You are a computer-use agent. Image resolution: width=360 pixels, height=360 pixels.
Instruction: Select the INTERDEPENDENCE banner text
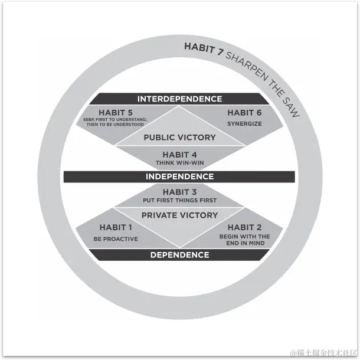click(179, 99)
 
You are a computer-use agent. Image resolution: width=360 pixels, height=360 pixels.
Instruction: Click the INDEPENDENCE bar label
click(179, 176)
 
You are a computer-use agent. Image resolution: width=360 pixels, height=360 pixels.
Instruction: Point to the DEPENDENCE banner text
click(179, 255)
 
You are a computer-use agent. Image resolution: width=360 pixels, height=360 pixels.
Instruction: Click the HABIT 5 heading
click(117, 112)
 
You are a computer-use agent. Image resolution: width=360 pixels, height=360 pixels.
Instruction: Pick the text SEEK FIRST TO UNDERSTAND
click(115, 120)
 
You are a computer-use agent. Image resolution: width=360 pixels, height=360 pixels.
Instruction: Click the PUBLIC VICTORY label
click(179, 138)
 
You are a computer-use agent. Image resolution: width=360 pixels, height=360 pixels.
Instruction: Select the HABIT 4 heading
click(179, 155)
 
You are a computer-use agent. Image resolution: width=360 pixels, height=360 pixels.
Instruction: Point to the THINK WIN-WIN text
click(179, 163)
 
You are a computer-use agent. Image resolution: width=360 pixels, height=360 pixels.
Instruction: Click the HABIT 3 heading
click(179, 192)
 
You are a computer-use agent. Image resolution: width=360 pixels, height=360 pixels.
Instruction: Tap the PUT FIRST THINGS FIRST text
click(179, 201)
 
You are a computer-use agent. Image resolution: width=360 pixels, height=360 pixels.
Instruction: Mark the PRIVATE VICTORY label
click(179, 215)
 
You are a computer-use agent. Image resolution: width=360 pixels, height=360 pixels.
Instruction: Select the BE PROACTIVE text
click(116, 239)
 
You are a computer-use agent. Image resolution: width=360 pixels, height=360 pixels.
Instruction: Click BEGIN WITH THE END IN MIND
click(244, 240)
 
